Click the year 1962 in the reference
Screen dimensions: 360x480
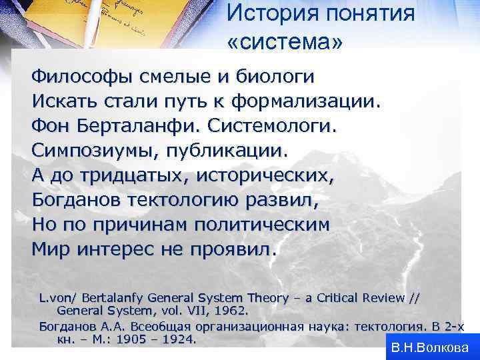click(x=229, y=311)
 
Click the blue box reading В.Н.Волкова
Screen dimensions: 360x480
click(x=430, y=347)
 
